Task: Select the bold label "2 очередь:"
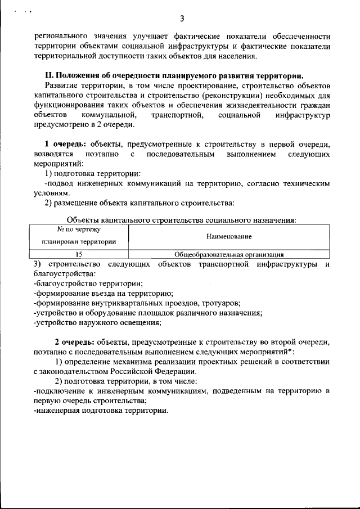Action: (x=73, y=343)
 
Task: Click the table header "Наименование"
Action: (x=229, y=237)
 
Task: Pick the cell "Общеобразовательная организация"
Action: (x=229, y=254)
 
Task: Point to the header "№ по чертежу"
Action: (x=79, y=231)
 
